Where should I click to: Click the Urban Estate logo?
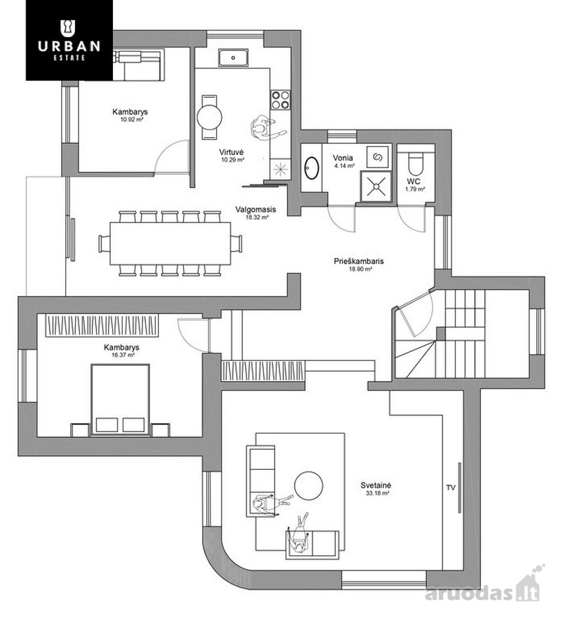coord(69,40)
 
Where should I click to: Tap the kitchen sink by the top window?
coord(233,58)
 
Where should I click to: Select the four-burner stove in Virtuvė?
coord(281,100)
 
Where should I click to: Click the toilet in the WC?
coord(415,163)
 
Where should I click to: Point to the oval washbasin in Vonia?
coord(312,168)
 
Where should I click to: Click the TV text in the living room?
coord(451,488)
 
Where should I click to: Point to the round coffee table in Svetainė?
coord(308,486)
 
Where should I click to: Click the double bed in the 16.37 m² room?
coord(120,400)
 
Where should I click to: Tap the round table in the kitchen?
coord(209,117)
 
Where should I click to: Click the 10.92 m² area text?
coord(131,119)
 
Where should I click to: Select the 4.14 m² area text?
coord(344,166)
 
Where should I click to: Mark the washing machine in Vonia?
coord(378,157)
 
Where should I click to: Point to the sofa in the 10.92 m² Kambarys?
coord(138,64)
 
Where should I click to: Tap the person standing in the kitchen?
coord(266,127)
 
